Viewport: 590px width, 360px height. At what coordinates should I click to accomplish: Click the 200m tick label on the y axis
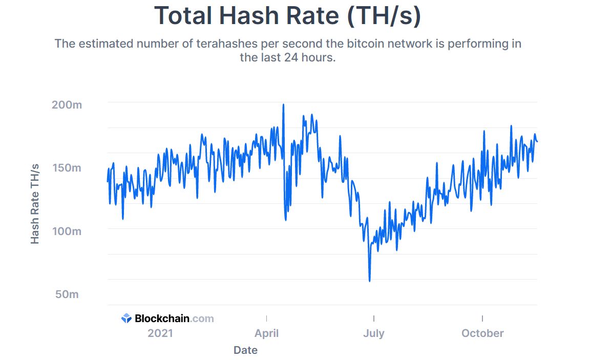67,105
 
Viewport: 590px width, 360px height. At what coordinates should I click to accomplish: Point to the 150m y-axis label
66,168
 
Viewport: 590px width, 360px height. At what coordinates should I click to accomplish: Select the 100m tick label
67,231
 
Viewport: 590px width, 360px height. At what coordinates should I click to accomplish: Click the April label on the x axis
266,333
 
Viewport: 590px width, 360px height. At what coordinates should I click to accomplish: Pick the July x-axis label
373,333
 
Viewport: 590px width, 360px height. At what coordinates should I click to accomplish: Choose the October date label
482,333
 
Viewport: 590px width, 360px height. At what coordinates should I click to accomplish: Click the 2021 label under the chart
160,333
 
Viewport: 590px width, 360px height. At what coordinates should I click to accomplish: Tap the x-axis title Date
245,350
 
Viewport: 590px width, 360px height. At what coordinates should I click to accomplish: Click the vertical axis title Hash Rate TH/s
35,204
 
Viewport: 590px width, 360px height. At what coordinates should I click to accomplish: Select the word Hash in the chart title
251,16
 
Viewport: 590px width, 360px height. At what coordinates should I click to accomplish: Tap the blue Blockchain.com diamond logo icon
127,319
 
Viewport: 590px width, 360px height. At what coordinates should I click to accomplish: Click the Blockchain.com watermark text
174,319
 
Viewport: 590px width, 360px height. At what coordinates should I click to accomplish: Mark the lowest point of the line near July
369,281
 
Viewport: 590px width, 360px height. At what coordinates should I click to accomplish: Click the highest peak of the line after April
283,104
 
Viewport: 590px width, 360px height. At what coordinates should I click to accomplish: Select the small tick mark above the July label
374,319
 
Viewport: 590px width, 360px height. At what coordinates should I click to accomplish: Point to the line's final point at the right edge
537,141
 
